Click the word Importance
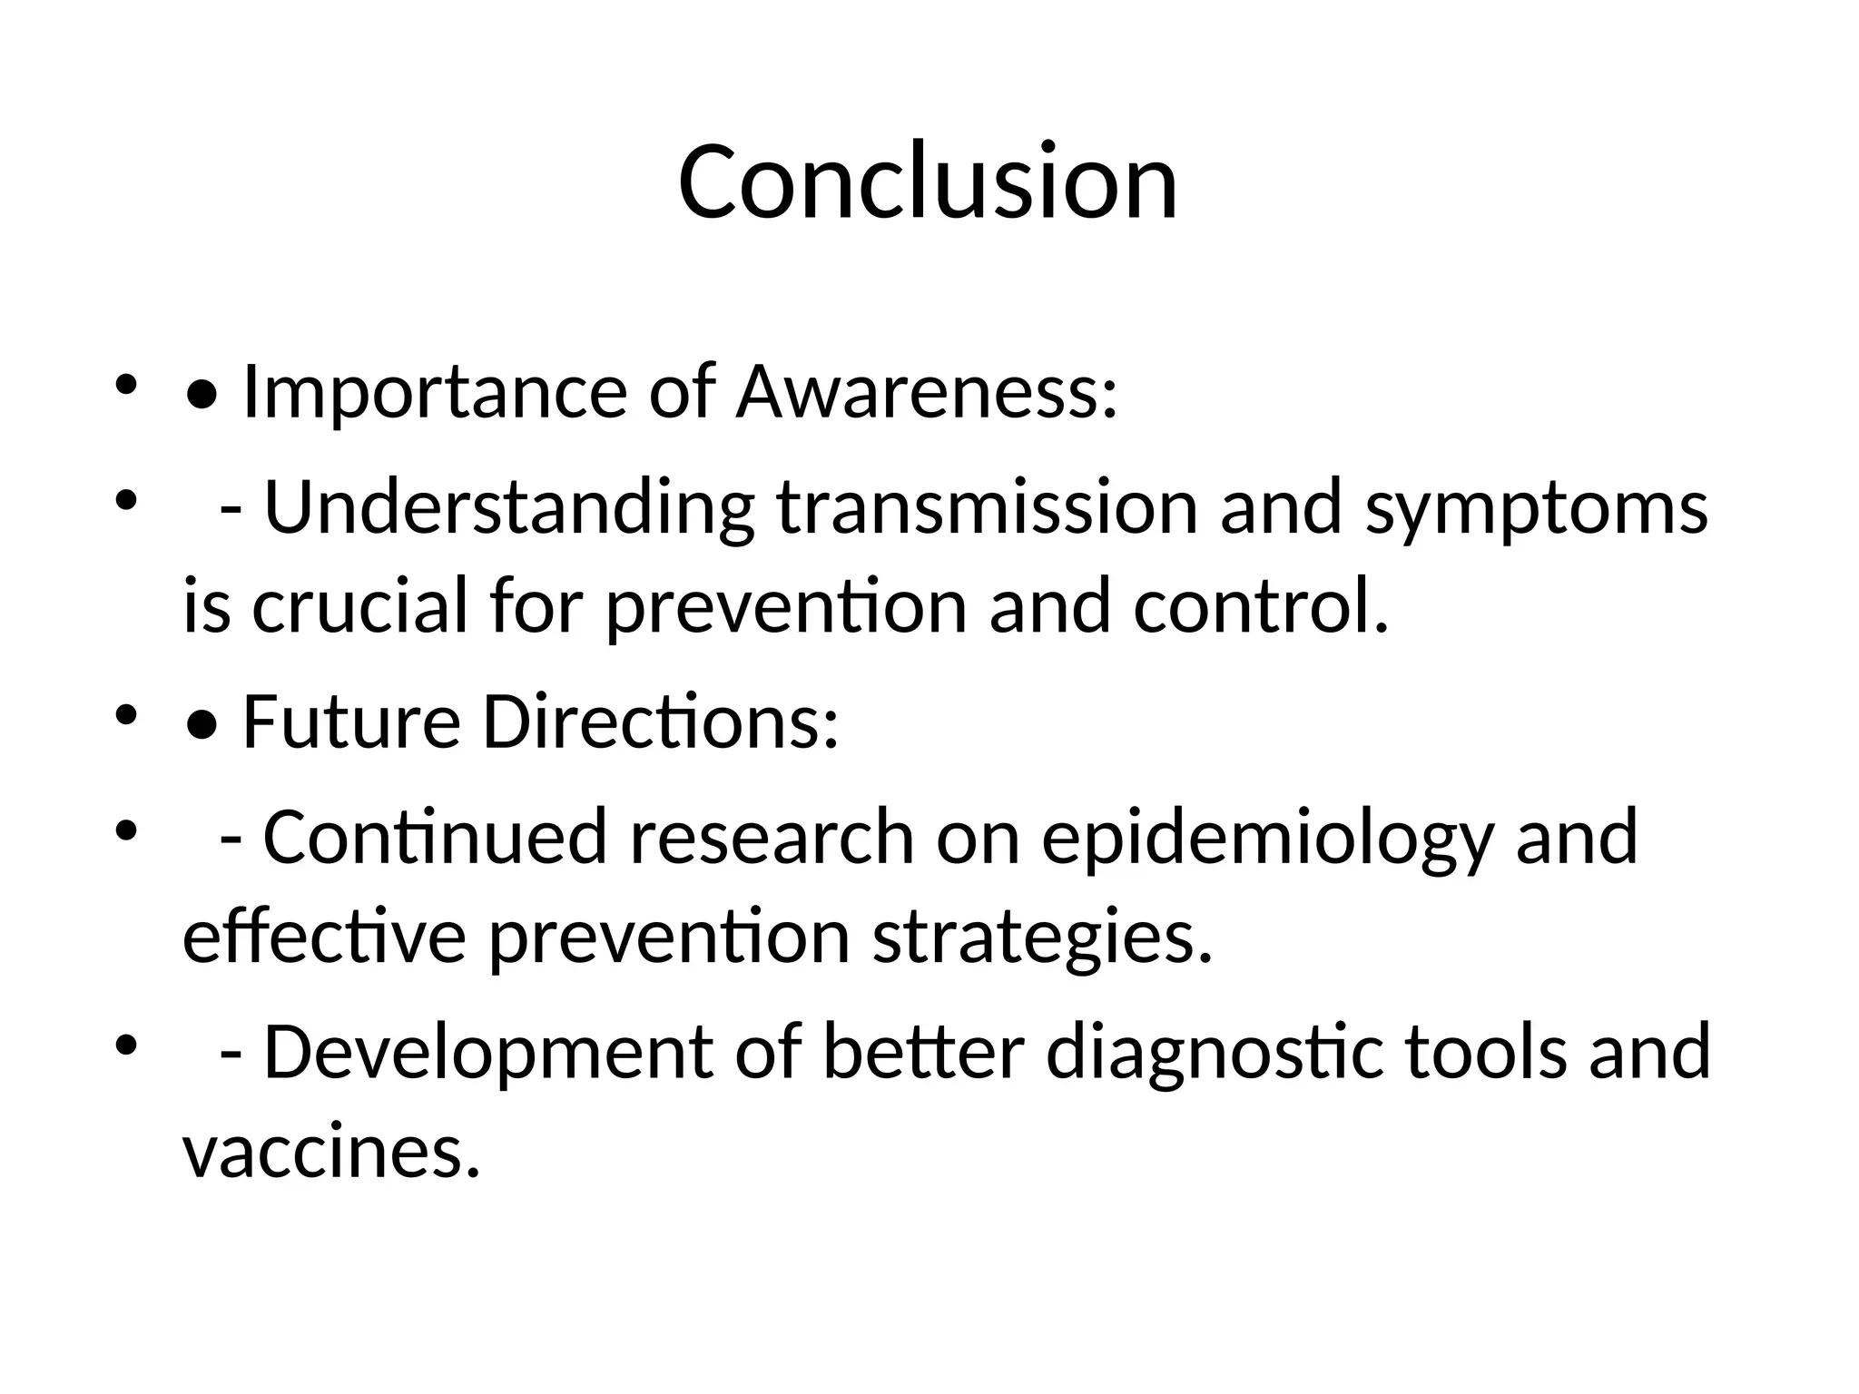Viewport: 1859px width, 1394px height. pos(435,392)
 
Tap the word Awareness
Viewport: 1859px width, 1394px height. pos(926,392)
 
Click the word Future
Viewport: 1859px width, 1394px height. pos(351,722)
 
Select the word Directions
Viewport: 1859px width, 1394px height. pos(660,722)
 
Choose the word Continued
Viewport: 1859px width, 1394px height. pos(435,837)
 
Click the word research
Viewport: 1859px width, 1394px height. pos(772,837)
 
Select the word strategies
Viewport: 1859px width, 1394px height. pos(1042,940)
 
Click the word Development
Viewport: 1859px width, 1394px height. pos(488,1053)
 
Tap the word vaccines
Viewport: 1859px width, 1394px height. pos(330,1153)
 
